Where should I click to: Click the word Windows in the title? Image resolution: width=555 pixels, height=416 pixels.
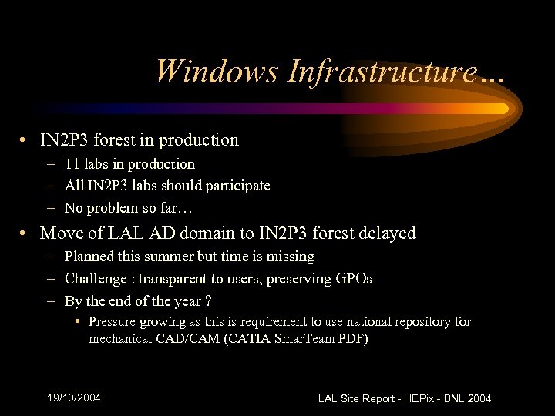click(x=217, y=72)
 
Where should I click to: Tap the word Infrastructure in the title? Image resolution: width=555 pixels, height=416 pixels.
click(x=381, y=72)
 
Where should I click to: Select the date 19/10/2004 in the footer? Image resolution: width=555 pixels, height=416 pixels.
click(x=74, y=398)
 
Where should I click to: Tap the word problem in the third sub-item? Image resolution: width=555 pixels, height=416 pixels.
click(x=113, y=208)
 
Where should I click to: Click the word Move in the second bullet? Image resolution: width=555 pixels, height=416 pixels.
click(x=60, y=233)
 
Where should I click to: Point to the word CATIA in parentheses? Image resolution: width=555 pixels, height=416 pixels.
click(x=246, y=338)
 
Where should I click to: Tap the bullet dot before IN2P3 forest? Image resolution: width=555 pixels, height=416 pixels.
click(x=26, y=141)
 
